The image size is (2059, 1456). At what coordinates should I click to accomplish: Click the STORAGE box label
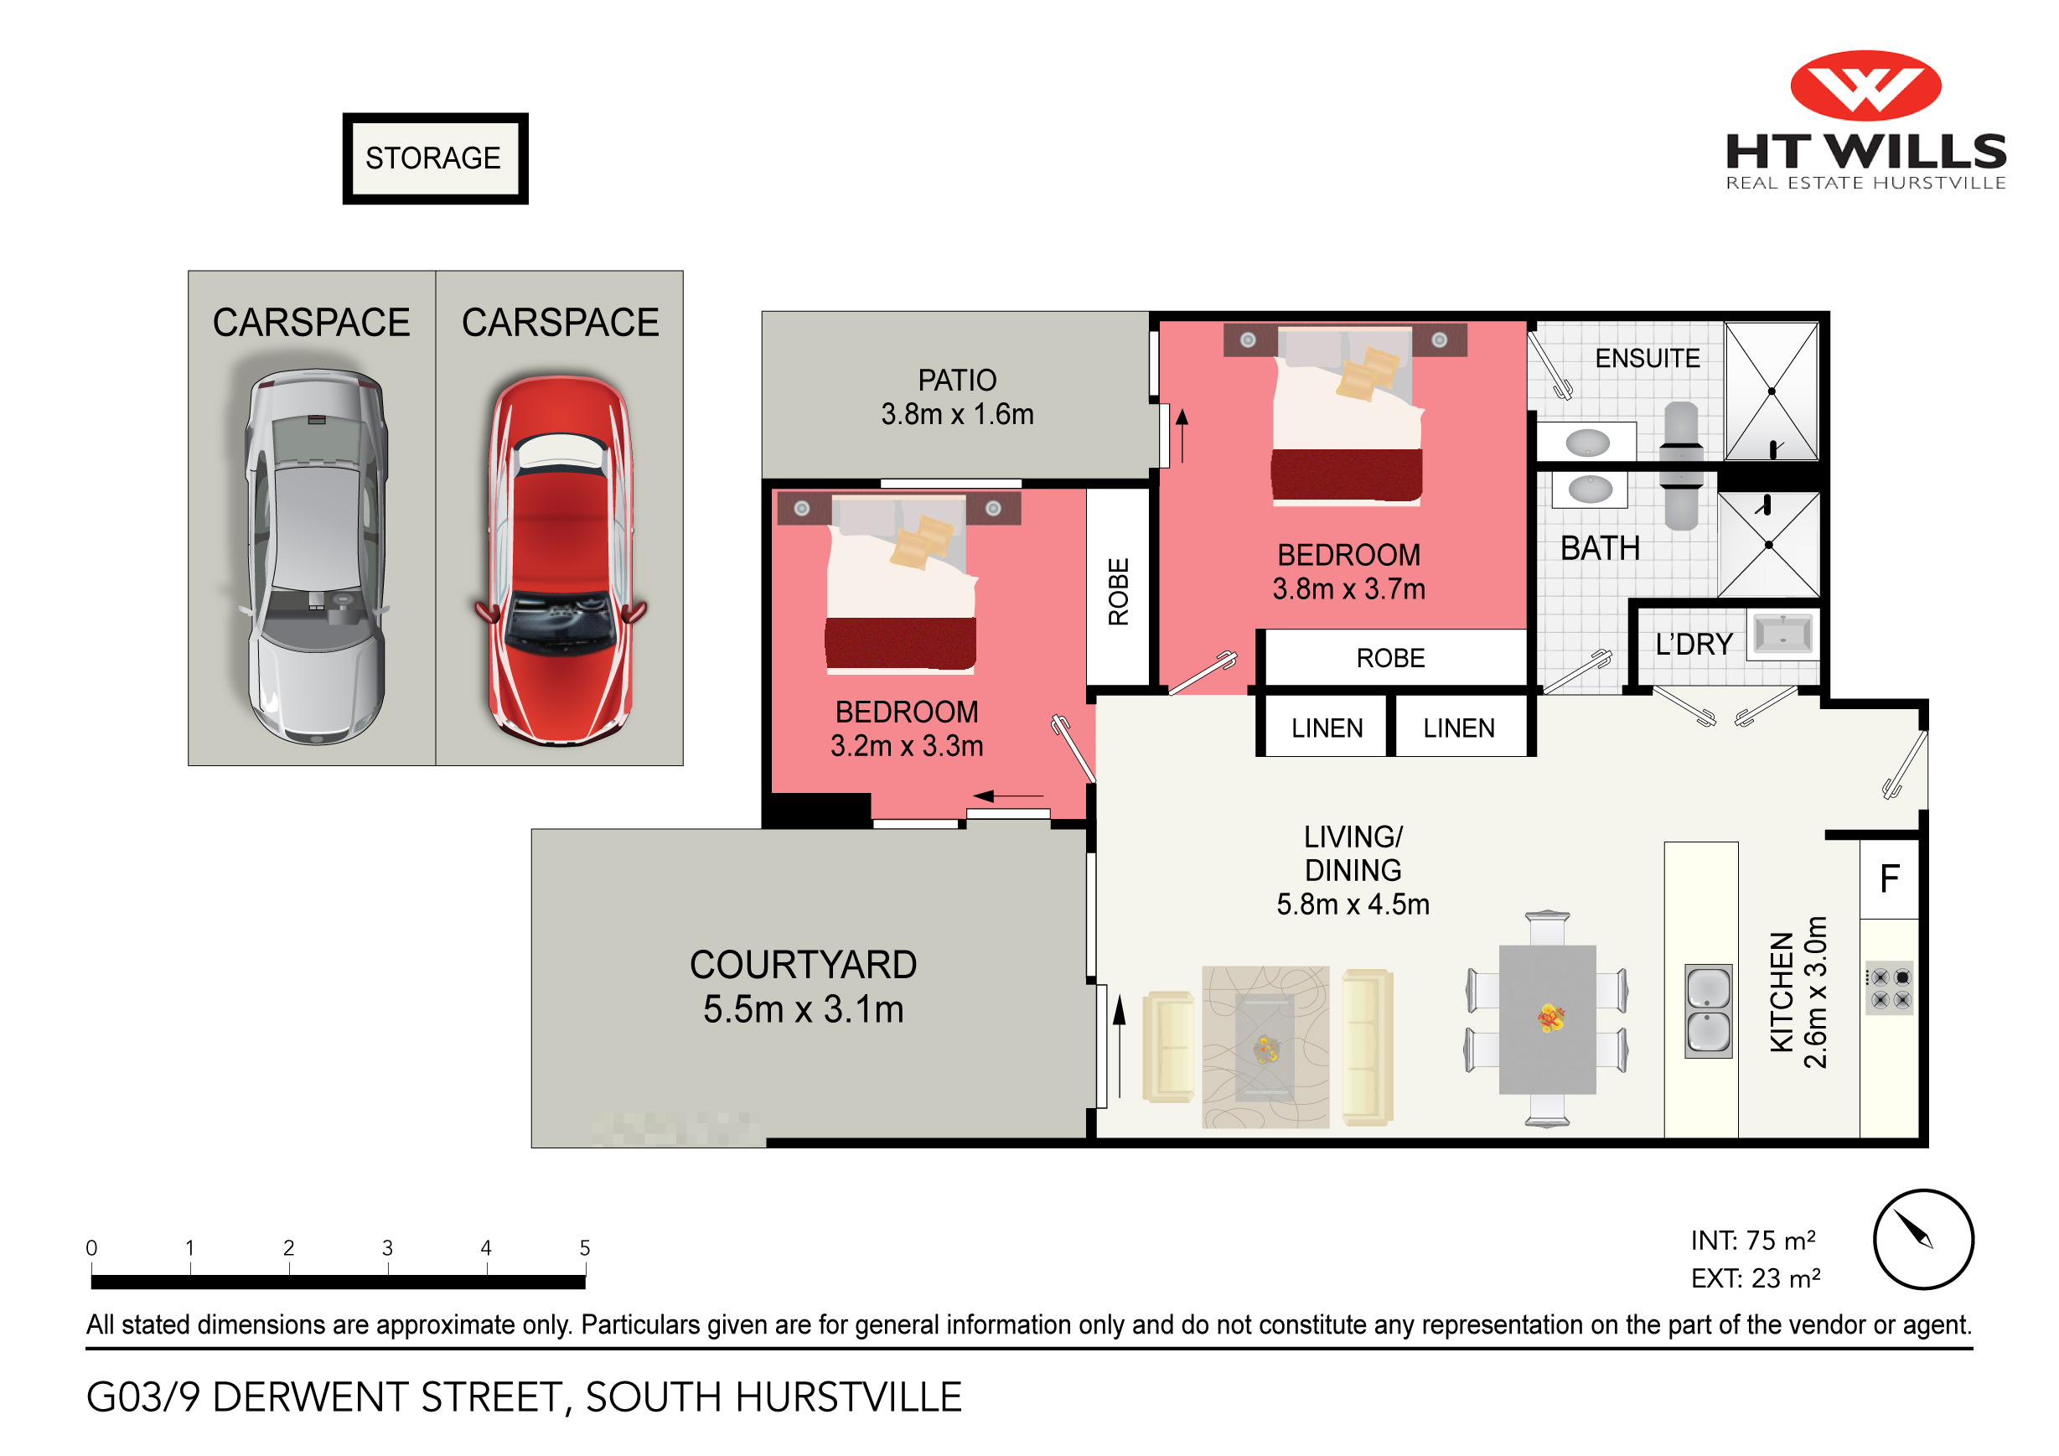434,158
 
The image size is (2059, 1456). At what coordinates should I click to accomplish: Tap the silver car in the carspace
316,557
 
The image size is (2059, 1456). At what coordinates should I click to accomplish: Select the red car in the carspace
561,561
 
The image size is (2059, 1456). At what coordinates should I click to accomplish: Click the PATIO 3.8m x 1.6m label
957,396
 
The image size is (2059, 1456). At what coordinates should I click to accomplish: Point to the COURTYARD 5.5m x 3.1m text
803,987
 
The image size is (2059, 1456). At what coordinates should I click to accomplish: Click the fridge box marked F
1890,879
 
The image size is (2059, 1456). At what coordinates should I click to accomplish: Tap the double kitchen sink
1709,1011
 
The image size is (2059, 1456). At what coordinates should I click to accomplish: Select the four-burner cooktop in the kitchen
1890,987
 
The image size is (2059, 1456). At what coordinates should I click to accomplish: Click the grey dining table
1547,1019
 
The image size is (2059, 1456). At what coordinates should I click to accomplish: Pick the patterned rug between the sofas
1265,1047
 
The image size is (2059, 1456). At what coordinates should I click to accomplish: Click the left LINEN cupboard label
1327,728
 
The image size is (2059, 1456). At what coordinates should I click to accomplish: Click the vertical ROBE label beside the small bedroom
1118,592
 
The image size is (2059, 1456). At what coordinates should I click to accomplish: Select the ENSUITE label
1648,359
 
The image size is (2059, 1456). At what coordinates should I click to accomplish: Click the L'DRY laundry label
1694,644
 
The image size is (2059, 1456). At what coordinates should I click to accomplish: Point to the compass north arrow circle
1922,1240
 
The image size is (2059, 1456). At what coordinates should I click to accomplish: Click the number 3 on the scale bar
387,1248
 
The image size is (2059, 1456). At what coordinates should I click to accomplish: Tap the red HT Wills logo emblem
1865,86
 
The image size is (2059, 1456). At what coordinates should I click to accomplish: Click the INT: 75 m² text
1752,1241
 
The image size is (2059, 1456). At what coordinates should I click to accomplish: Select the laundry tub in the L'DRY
1782,635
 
